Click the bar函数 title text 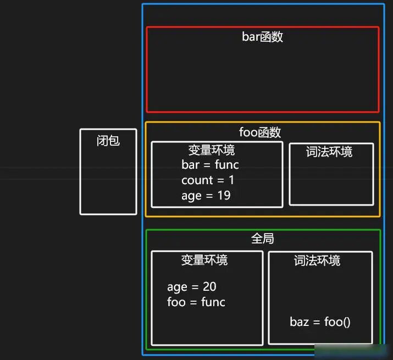point(262,37)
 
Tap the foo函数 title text point(260,132)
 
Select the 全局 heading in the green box point(262,239)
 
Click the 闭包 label point(108,141)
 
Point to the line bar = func point(210,165)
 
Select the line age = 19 point(206,196)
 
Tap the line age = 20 point(191,287)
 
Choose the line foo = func point(196,302)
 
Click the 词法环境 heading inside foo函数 point(329,152)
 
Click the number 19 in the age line point(223,196)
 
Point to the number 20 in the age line point(209,287)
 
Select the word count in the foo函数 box point(197,180)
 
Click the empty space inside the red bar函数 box point(262,77)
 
